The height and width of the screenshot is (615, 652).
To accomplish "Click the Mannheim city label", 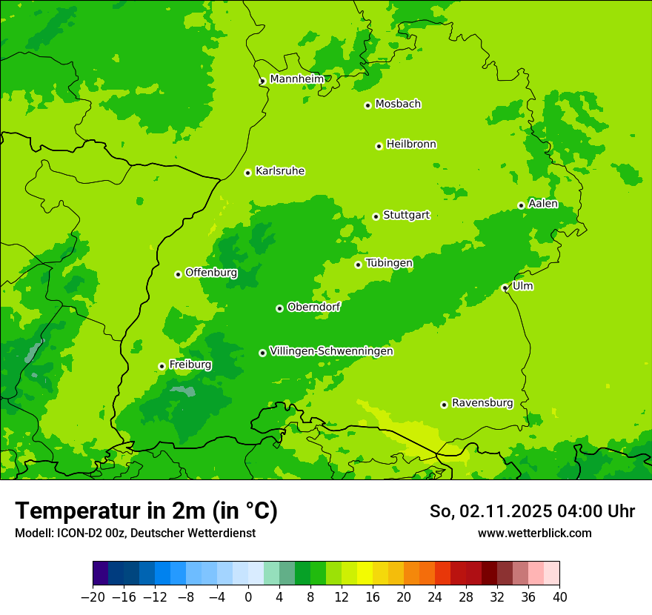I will [x=296, y=79].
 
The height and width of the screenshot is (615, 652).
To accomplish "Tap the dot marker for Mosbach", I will [x=367, y=105].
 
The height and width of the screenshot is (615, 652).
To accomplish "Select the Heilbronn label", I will [x=411, y=144].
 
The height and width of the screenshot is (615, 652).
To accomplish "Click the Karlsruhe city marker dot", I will [x=247, y=173].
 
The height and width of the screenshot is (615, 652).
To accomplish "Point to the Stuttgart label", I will [x=406, y=215].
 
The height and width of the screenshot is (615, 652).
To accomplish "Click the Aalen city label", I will [x=543, y=204].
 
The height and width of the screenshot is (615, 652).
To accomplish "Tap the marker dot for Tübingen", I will [x=358, y=265].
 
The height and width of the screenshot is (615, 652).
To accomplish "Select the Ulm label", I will [x=522, y=286].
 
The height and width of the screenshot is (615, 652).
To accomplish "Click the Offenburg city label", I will [x=211, y=272].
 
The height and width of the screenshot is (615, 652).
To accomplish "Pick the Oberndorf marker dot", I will [x=279, y=308].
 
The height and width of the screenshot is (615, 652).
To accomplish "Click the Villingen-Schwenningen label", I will [x=331, y=351].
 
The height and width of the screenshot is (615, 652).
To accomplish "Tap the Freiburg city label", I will [x=190, y=365].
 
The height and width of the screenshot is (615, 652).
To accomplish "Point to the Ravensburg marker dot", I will [x=444, y=405].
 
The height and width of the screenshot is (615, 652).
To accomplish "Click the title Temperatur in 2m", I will [x=146, y=511].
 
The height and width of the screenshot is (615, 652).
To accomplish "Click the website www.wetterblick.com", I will [x=534, y=533].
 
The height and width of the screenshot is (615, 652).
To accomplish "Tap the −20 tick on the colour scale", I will [x=93, y=597].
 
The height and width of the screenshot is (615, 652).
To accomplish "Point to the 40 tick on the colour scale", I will [x=559, y=597].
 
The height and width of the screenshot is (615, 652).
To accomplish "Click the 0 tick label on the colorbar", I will [x=248, y=597].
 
